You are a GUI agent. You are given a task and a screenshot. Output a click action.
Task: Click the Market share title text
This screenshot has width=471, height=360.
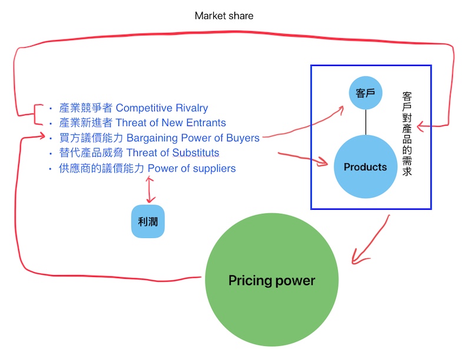(x=224, y=16)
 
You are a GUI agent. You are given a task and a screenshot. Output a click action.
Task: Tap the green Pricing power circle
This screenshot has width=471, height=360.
(x=272, y=280)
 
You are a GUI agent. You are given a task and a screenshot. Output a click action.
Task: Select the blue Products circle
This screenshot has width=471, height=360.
(x=365, y=167)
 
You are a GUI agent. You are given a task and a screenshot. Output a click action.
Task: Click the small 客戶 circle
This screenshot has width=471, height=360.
(x=366, y=93)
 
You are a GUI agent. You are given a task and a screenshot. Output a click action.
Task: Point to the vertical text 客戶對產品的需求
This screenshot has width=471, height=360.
(x=406, y=134)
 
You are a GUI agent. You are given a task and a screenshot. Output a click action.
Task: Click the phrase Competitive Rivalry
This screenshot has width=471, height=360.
(x=162, y=108)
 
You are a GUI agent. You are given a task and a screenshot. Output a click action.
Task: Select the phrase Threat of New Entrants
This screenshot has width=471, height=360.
(x=171, y=123)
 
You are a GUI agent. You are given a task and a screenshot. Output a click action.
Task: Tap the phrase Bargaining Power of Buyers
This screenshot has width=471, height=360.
(x=193, y=138)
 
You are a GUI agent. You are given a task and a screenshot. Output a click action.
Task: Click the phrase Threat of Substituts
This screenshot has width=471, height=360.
(x=173, y=153)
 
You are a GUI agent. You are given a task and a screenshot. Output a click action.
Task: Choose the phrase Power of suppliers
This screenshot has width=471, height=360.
(x=191, y=169)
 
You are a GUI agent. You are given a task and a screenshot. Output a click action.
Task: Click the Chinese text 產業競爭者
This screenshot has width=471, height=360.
(x=86, y=108)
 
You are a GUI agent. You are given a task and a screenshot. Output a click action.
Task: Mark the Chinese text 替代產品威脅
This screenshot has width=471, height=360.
(x=91, y=153)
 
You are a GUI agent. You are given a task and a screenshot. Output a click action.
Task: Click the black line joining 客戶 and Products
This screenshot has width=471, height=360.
(x=366, y=122)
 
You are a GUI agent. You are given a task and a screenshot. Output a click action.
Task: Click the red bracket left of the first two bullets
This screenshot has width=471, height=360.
(x=37, y=115)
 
